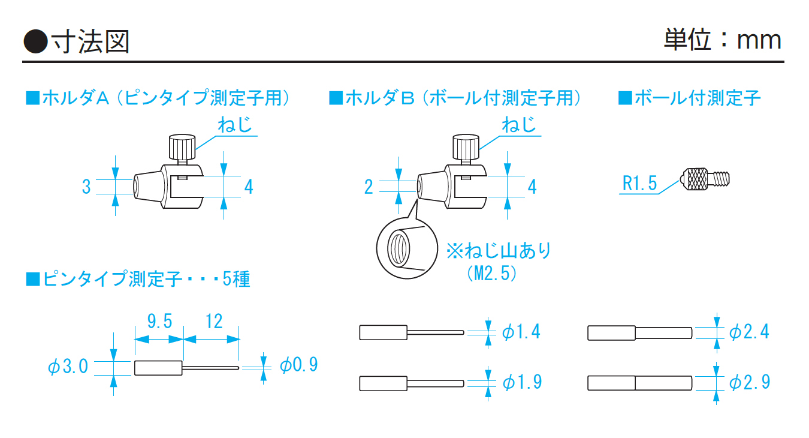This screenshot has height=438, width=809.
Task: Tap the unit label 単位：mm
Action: click(722, 40)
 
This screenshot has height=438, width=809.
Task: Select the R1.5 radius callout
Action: click(639, 183)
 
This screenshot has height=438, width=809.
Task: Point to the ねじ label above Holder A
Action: click(234, 126)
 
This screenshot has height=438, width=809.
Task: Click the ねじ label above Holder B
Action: click(519, 126)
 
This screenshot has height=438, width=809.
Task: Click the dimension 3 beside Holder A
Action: click(86, 187)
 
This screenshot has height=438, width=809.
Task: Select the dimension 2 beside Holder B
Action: click(369, 187)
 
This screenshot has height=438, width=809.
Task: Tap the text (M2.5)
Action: click(491, 274)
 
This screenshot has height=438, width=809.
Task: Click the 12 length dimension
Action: click(213, 322)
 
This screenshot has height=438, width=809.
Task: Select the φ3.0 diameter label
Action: click(68, 366)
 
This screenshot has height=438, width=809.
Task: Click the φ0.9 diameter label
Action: click(298, 365)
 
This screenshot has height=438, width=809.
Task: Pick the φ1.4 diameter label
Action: click(521, 331)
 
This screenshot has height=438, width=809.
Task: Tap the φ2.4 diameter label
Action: click(749, 331)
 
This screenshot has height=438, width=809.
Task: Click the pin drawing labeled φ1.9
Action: click(412, 382)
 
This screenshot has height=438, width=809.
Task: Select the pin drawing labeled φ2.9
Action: click(640, 382)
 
